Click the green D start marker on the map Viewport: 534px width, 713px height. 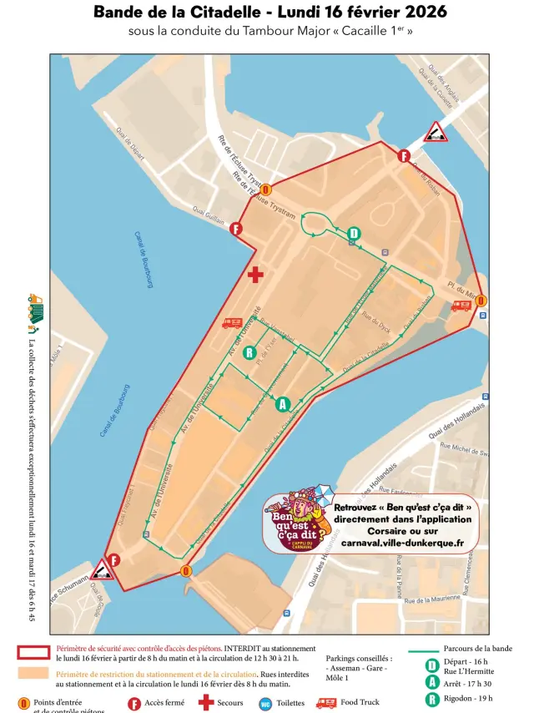point(354,234)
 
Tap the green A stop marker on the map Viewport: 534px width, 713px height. point(282,404)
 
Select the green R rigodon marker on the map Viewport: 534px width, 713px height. point(248,352)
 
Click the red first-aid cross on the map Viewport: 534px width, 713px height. point(255,274)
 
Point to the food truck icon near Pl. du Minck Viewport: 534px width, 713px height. point(461,306)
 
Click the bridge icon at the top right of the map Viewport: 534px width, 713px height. point(434,131)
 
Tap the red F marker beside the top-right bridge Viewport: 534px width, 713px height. point(404,156)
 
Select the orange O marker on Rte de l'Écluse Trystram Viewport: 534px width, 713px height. point(265,190)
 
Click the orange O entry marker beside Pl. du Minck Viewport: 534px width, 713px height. point(481,301)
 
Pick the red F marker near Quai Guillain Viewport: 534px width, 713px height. point(236,229)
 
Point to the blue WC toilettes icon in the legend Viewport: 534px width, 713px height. point(265,704)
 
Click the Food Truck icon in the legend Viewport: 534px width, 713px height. point(325,703)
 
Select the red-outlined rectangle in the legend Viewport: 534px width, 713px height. point(33,653)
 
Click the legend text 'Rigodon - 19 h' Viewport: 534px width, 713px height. point(468,698)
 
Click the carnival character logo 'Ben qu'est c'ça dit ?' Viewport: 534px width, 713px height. point(297,522)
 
